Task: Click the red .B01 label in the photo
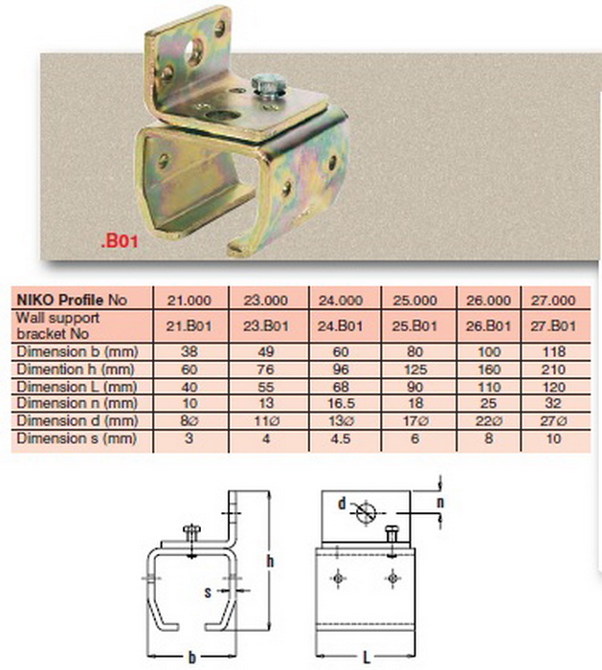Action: [120, 241]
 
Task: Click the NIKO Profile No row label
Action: [72, 300]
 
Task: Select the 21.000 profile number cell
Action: [189, 300]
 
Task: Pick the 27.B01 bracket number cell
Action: [553, 326]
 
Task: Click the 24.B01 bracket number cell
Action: [340, 326]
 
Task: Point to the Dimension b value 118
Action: [553, 351]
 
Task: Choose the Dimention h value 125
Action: [414, 369]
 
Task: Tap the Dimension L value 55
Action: [266, 387]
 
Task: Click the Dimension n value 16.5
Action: [341, 403]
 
